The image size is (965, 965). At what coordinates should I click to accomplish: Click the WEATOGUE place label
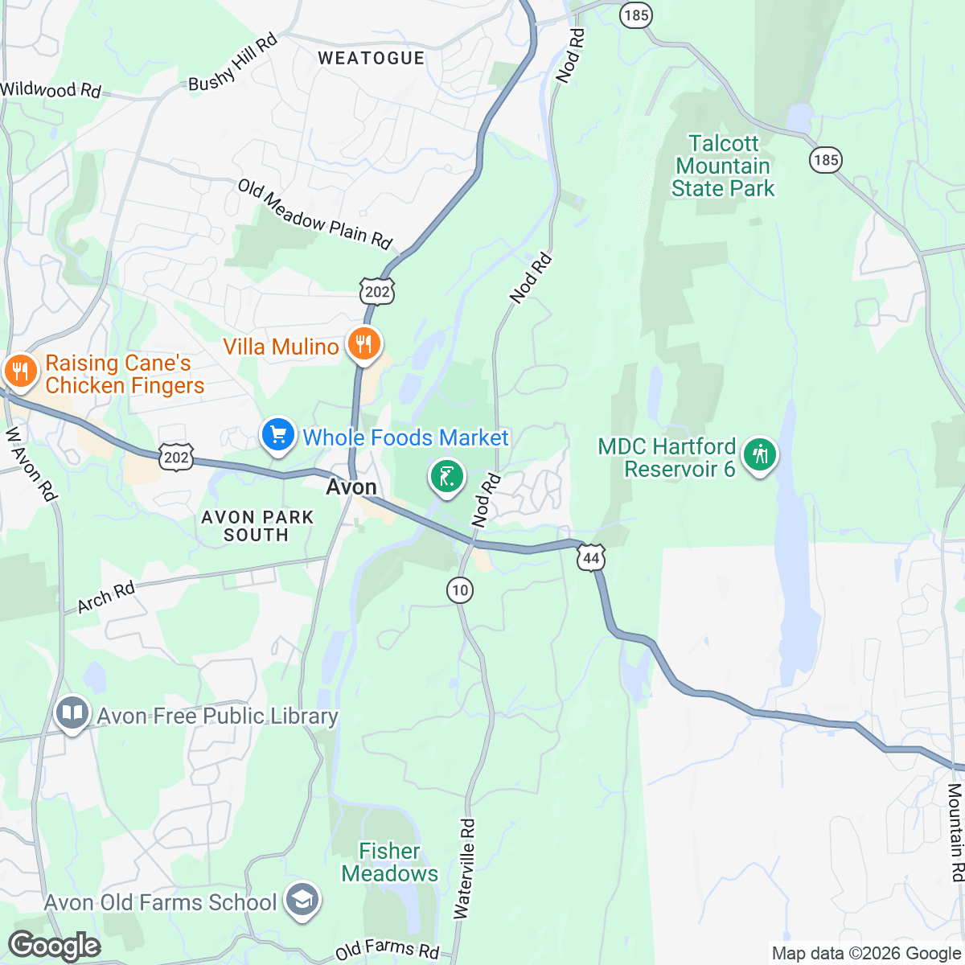371,58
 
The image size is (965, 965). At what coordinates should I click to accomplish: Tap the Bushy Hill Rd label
232,63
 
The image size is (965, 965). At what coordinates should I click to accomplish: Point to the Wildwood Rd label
51,89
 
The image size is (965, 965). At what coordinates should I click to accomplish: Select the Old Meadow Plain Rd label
314,214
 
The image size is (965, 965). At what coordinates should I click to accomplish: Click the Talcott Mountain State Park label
723,166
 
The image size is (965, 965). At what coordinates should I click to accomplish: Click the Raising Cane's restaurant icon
17,372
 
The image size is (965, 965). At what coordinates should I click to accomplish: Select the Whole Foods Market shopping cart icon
277,435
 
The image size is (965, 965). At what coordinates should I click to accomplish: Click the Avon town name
351,487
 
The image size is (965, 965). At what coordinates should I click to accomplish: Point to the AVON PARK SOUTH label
257,526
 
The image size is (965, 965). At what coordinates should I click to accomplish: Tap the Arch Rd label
106,597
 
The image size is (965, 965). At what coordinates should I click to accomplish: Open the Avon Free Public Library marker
72,712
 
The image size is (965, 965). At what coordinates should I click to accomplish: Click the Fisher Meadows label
390,862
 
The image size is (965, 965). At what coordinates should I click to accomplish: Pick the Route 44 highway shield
591,556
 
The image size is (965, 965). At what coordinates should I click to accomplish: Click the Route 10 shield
459,590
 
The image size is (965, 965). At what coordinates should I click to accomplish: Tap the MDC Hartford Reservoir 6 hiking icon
759,455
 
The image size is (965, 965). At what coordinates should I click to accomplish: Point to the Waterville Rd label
465,868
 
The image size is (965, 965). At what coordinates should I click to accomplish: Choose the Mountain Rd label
955,832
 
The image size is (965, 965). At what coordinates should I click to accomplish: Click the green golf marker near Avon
446,476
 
